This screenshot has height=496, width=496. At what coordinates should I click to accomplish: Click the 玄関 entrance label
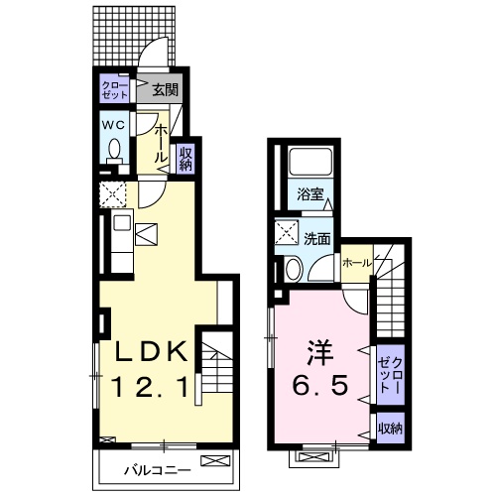pyautogui.click(x=165, y=91)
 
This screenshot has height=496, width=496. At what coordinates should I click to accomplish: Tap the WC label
pyautogui.click(x=113, y=125)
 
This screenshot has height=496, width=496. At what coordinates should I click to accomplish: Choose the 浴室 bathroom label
pyautogui.click(x=309, y=194)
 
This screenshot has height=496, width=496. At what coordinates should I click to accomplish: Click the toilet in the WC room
pyautogui.click(x=114, y=150)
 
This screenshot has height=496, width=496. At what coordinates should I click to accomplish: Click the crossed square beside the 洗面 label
pyautogui.click(x=288, y=235)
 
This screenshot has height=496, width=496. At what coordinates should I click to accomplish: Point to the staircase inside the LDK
pyautogui.click(x=218, y=373)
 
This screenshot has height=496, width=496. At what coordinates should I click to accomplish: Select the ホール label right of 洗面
pyautogui.click(x=355, y=263)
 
